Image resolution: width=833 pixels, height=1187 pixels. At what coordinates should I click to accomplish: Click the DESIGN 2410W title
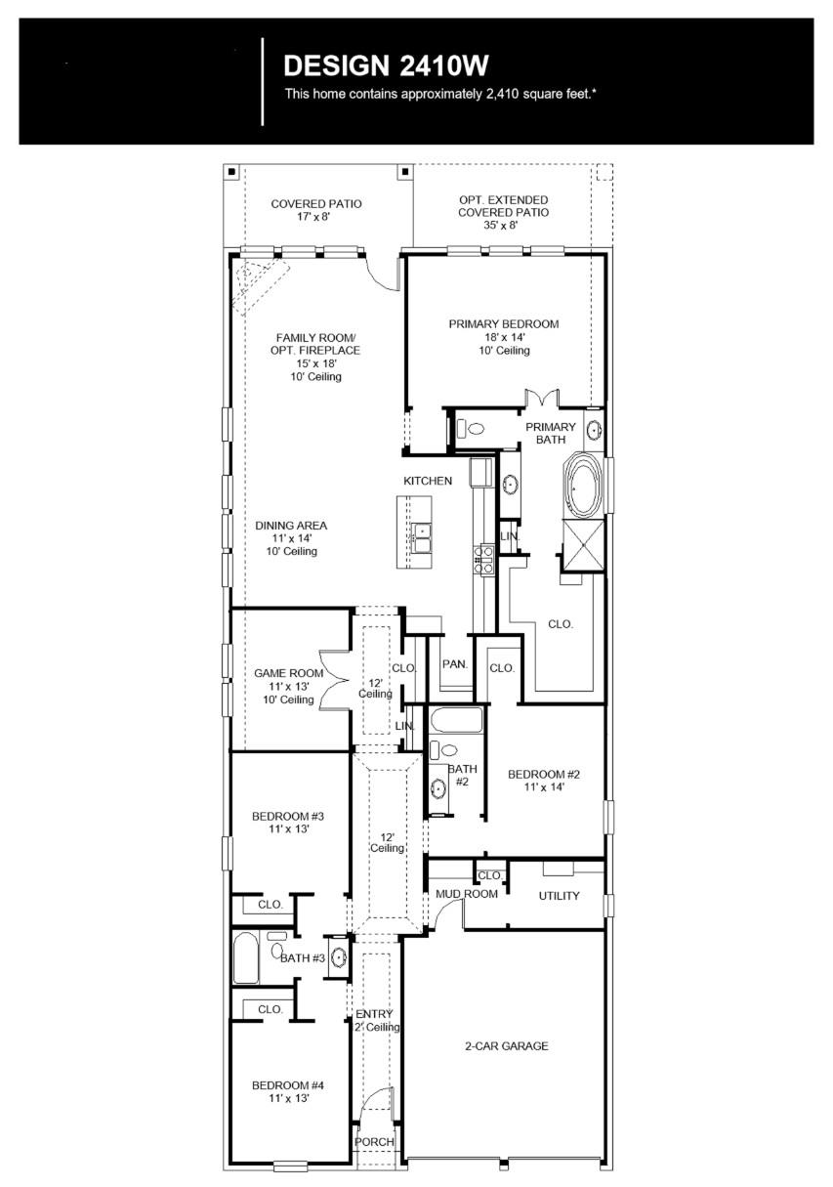click(385, 66)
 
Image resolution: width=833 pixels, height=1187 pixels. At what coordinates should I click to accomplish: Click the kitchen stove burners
click(482, 558)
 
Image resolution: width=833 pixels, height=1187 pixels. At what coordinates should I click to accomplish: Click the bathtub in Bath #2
click(455, 721)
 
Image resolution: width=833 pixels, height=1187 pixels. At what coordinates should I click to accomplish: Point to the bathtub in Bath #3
click(246, 958)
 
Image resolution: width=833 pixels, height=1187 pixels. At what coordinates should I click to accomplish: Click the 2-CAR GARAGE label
click(505, 1046)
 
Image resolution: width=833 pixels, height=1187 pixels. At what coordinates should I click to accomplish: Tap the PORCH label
click(374, 1142)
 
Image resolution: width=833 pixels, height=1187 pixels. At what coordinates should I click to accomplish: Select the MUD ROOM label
click(466, 894)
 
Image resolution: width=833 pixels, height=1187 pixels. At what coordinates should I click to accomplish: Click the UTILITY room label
click(559, 896)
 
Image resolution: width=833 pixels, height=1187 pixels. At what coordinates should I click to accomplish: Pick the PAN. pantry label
click(455, 664)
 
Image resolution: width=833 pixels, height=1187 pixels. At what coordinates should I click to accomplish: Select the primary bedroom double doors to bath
click(540, 399)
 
